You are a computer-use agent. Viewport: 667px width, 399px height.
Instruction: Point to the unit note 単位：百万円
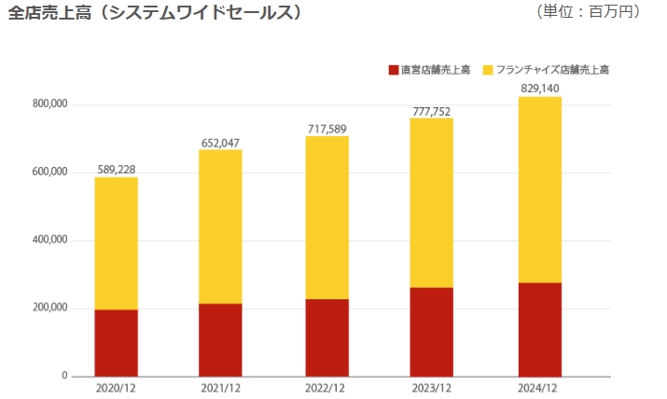coord(589,12)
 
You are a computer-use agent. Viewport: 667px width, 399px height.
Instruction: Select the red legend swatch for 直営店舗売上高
coord(393,70)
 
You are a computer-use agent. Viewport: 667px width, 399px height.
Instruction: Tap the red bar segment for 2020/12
coord(116,342)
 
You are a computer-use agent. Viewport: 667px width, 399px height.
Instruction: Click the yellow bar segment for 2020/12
coord(116,243)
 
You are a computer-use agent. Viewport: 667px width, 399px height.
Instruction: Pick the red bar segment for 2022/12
coord(327,337)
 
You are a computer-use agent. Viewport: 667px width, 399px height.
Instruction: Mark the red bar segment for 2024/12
coord(539,329)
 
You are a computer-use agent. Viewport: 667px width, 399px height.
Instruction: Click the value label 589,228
coord(117,170)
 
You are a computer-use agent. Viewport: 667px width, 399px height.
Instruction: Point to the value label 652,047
coord(221,143)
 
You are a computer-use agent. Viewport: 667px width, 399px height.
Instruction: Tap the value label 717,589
coord(327,129)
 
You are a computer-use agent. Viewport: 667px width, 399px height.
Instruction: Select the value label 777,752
coord(432,112)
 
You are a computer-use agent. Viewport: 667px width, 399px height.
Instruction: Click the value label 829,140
coord(539,89)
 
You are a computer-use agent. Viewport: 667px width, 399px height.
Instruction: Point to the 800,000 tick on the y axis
coord(49,104)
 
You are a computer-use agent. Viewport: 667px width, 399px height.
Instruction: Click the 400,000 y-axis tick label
coord(49,241)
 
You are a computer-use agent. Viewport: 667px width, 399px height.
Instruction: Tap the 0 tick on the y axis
coord(64,377)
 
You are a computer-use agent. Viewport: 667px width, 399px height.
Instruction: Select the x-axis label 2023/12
coord(432,388)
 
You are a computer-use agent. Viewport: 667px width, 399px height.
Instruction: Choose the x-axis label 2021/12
coord(221,388)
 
